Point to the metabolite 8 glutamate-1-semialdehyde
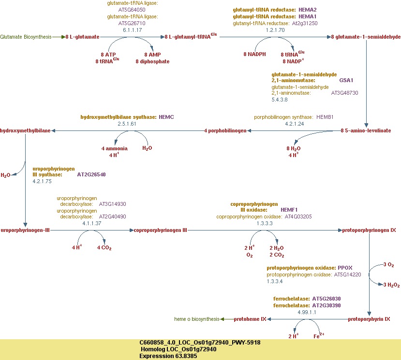[366, 37]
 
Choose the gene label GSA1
[346, 80]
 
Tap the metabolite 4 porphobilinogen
[225, 131]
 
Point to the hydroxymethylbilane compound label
[25, 131]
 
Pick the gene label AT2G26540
[91, 174]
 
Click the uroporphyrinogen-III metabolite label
[25, 230]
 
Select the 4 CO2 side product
[104, 248]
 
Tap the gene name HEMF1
[289, 210]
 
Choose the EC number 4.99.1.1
[307, 312]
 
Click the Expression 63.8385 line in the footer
[168, 356]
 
